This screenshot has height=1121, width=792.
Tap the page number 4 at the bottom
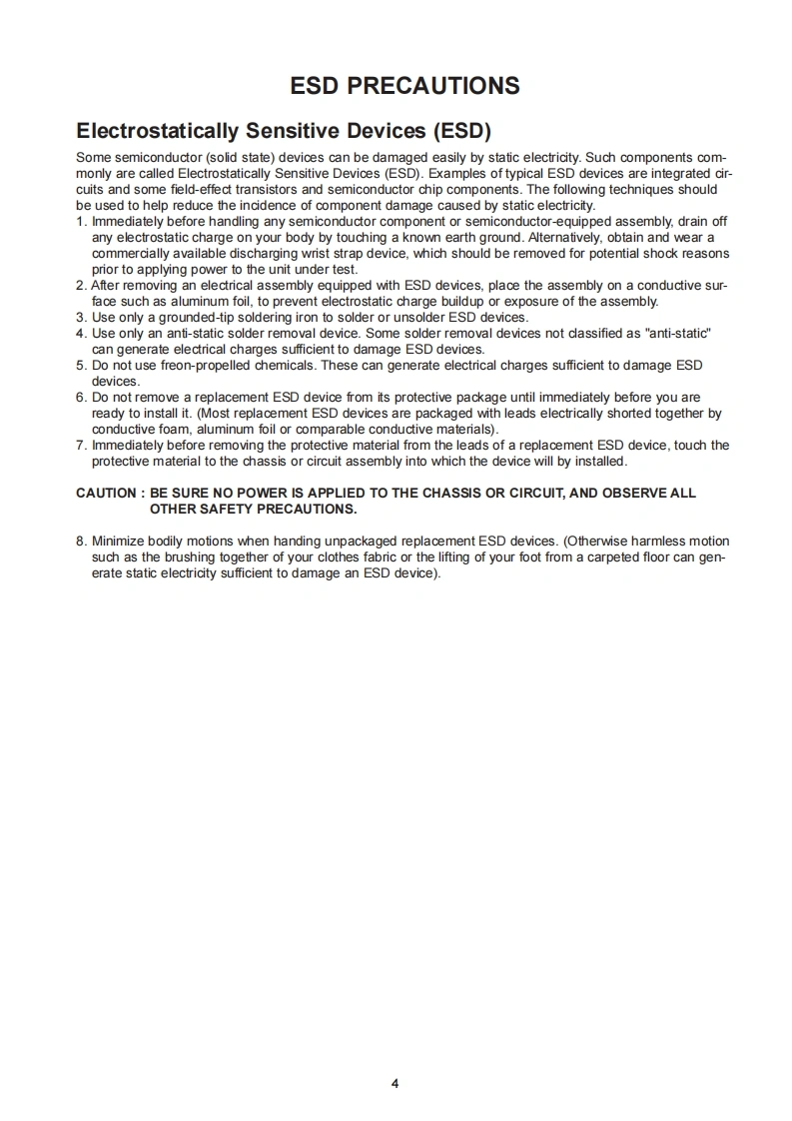pyautogui.click(x=396, y=1084)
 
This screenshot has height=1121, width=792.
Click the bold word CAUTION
pyautogui.click(x=106, y=494)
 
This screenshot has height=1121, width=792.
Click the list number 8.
pyautogui.click(x=81, y=542)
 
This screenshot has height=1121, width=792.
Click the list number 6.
pyautogui.click(x=81, y=398)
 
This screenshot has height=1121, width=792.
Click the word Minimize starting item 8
pyautogui.click(x=119, y=542)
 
